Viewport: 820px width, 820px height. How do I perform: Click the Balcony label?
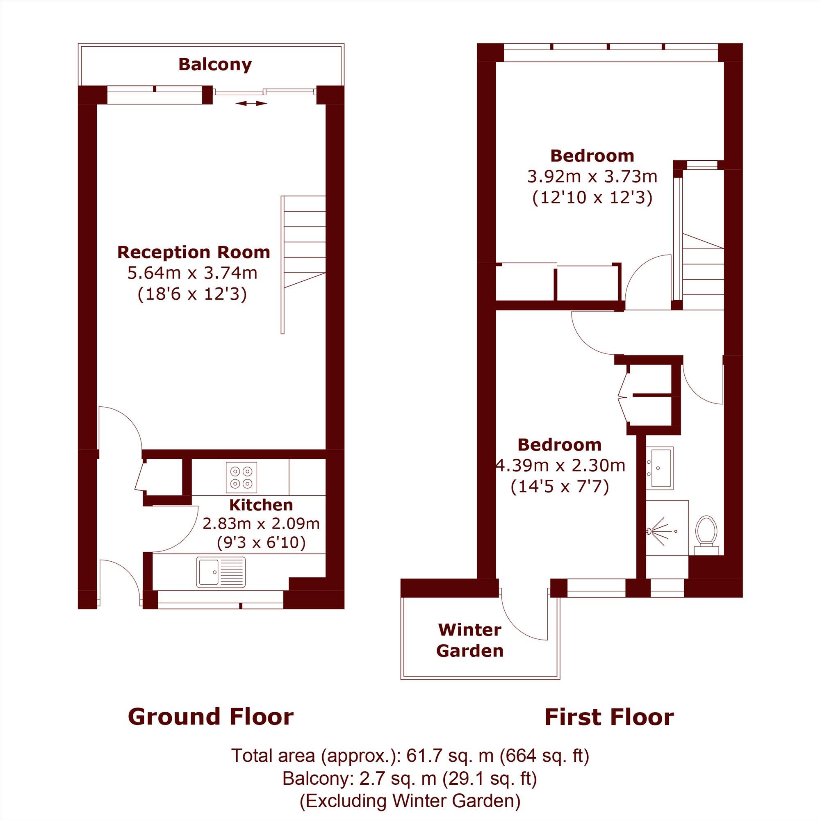click(x=215, y=64)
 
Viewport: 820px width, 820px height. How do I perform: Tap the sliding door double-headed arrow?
click(x=251, y=103)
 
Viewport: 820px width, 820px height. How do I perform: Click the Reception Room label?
click(x=194, y=252)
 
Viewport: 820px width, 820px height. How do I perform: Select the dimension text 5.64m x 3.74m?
click(x=192, y=273)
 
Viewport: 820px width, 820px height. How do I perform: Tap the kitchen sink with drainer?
click(x=221, y=572)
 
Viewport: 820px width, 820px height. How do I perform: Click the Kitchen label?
click(x=261, y=505)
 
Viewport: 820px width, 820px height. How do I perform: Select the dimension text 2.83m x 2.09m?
click(x=261, y=524)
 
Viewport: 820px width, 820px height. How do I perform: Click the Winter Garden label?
click(x=470, y=640)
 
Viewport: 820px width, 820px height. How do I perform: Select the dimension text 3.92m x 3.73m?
click(x=592, y=176)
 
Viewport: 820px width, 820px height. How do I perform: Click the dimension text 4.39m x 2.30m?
click(x=560, y=466)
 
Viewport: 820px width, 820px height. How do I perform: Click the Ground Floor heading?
click(x=210, y=717)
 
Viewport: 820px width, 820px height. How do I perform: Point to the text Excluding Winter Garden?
click(x=410, y=801)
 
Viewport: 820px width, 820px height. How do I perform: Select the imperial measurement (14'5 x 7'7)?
click(x=559, y=486)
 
